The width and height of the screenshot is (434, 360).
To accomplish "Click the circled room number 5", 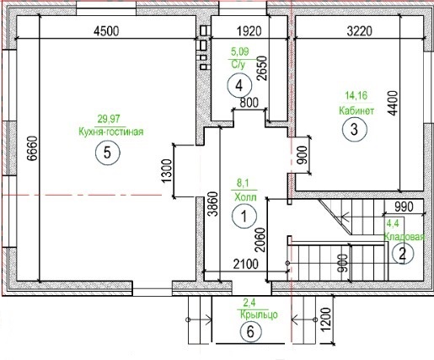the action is coord(108,153).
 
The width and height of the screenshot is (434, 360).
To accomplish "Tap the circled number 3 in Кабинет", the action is coord(355,130).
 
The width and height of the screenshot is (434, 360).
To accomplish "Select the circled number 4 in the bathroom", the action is coord(239,85).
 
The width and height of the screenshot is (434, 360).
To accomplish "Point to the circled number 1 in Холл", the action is coord(244,216).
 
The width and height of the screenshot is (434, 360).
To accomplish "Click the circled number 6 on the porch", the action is coord(250,331).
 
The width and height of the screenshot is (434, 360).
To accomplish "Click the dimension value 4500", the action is coord(106,31).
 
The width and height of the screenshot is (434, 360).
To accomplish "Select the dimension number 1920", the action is coord(249,31).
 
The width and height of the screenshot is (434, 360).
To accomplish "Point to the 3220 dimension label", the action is coord(360,31).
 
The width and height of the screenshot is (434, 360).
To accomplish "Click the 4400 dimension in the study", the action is coord(393,103).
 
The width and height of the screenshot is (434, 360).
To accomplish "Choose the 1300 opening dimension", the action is coord(167,171).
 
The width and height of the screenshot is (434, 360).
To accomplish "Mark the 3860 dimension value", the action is coord(213,204).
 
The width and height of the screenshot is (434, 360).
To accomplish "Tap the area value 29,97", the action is coord(109,119).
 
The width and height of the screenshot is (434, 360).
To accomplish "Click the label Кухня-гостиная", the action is coord(111,132).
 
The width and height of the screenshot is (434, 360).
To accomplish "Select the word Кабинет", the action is coord(356,110).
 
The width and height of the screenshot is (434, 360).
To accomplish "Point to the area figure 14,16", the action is coord(356,95).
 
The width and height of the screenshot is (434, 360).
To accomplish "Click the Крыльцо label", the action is coord(259,314).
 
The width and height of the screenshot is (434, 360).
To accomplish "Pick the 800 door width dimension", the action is coord(249,103).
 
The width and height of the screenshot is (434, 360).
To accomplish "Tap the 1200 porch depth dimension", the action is coord(325,320).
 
